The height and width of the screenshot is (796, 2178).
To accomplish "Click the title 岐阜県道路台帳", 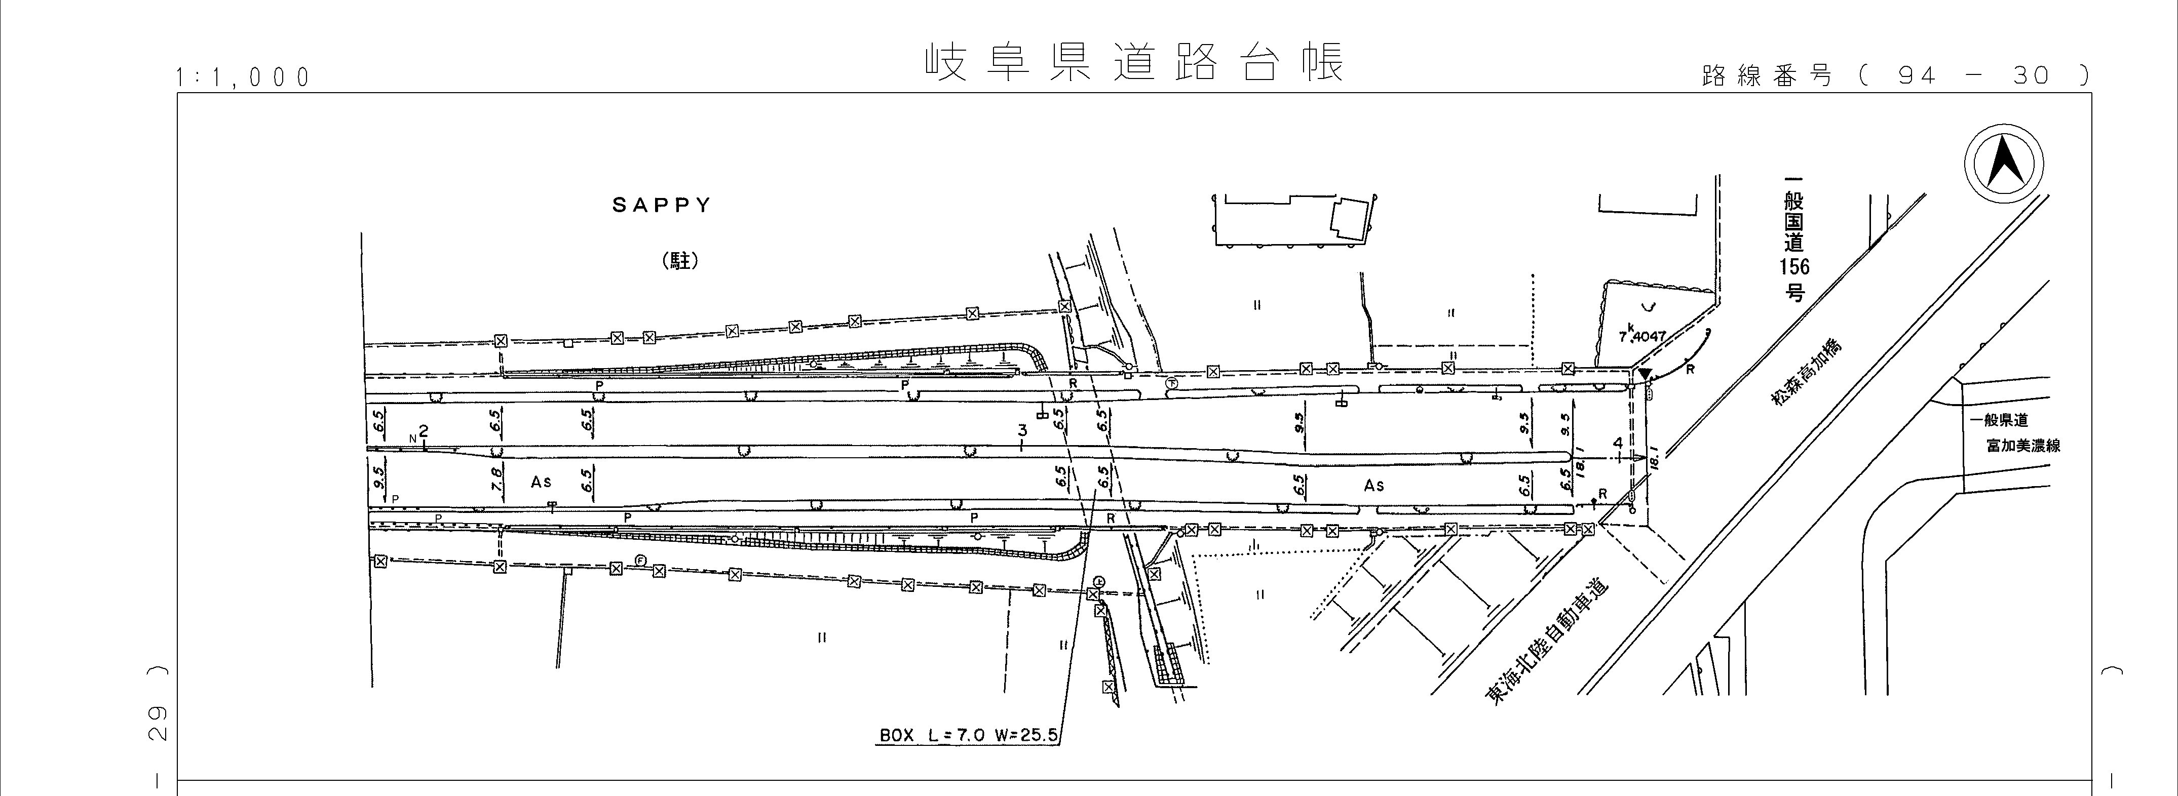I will click(x=1133, y=62).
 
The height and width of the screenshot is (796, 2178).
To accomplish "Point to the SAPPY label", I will click(x=662, y=206).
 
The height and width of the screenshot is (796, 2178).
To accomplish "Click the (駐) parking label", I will click(x=680, y=262).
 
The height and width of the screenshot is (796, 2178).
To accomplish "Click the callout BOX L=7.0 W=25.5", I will click(x=968, y=735).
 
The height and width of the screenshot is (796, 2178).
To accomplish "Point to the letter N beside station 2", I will click(x=412, y=439).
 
